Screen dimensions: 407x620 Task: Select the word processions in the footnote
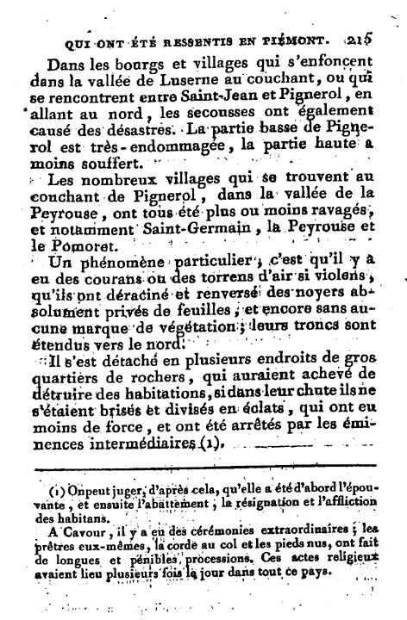[x=205, y=565]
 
